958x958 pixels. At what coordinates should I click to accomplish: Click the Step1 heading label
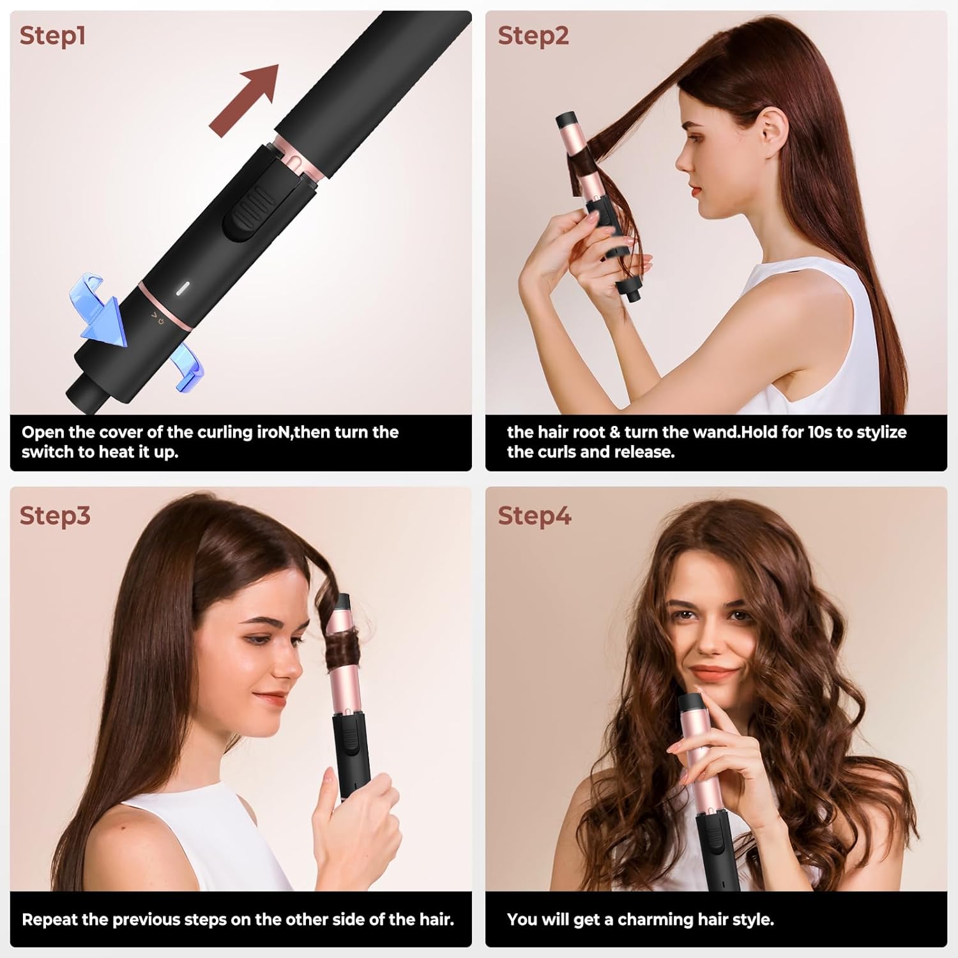pyautogui.click(x=52, y=36)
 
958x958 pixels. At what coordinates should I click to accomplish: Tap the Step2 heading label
pyautogui.click(x=533, y=36)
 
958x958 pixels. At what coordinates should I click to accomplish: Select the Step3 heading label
pyautogui.click(x=55, y=515)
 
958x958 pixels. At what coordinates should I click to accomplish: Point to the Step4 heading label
pyautogui.click(x=534, y=515)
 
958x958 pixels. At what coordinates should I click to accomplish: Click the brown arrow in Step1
pyautogui.click(x=245, y=100)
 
